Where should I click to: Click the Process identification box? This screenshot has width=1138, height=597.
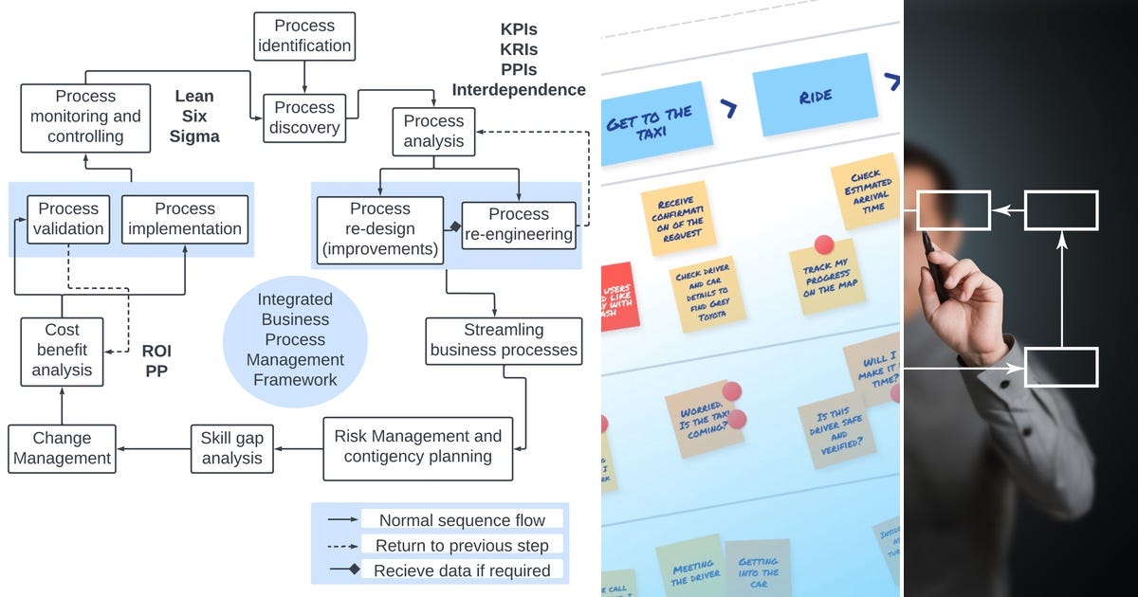pyautogui.click(x=304, y=36)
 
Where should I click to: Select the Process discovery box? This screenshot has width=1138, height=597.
pyautogui.click(x=304, y=118)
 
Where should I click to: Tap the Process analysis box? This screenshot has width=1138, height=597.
pyautogui.click(x=433, y=132)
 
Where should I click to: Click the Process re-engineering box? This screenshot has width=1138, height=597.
pyautogui.click(x=519, y=225)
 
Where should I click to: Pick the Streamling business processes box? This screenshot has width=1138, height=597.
pyautogui.click(x=504, y=340)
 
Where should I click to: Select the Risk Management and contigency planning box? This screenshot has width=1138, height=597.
pyautogui.click(x=418, y=447)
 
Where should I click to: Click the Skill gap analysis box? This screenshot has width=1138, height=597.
pyautogui.click(x=231, y=448)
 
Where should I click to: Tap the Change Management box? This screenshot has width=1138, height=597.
pyautogui.click(x=62, y=448)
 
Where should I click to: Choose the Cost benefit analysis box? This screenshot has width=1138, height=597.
pyautogui.click(x=62, y=351)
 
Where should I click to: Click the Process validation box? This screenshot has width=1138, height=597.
pyautogui.click(x=68, y=219)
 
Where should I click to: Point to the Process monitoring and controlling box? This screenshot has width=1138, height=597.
pyautogui.click(x=85, y=117)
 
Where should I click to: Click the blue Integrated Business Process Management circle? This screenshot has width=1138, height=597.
pyautogui.click(x=295, y=339)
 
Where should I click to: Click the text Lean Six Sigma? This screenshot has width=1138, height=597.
pyautogui.click(x=194, y=117)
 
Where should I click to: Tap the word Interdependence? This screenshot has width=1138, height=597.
pyautogui.click(x=518, y=90)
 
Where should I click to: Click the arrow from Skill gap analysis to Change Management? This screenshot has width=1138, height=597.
pyautogui.click(x=154, y=448)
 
